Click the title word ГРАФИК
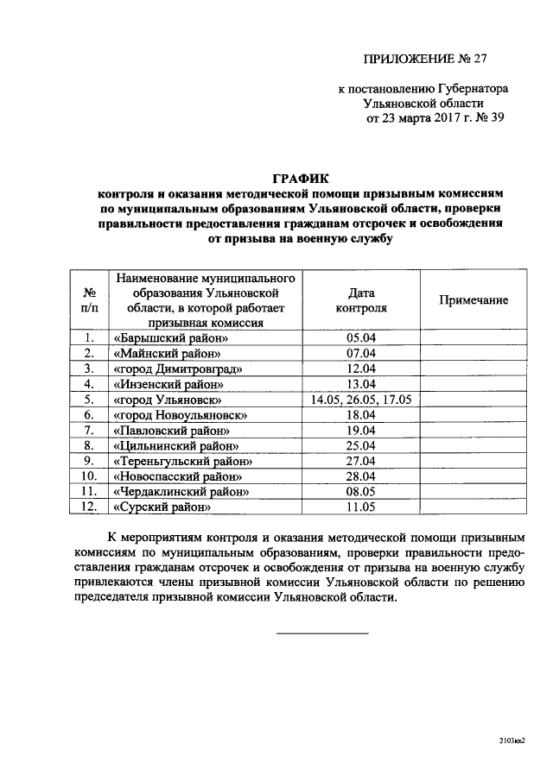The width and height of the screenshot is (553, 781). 307,178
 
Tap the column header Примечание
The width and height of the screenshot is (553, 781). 474,299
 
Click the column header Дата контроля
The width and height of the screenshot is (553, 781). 361,299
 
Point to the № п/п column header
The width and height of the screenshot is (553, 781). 89,299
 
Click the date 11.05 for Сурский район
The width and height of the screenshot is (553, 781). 361,507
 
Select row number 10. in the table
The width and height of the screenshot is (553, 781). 88,476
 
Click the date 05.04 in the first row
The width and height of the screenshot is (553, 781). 361,338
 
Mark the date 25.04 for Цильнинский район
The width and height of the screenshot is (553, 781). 361,446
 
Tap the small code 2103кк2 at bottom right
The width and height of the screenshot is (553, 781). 511,741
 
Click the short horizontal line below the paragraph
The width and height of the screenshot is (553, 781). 321,635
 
